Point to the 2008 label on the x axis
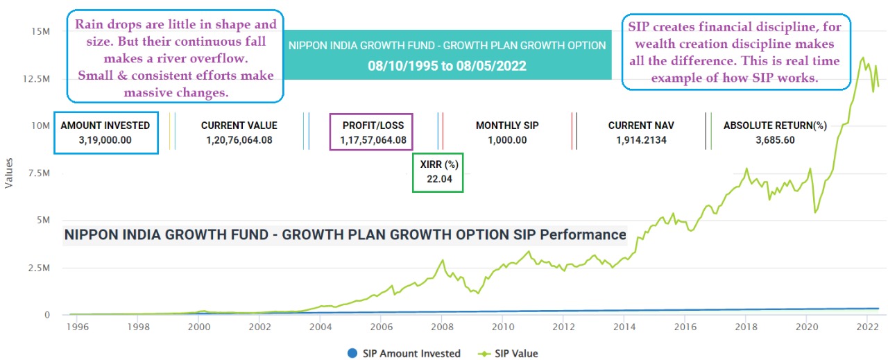point(442,326)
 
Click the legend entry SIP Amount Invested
point(403,353)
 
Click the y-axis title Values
point(9,173)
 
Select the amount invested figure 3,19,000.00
point(105,139)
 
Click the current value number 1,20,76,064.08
point(239,139)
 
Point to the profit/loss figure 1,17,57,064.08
point(373,139)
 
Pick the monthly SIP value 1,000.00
point(507,139)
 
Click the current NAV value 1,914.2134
point(641,139)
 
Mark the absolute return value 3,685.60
point(775,139)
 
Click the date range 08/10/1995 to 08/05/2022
point(447,67)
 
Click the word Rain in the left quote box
point(89,24)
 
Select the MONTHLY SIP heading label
point(507,126)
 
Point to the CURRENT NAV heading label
point(641,126)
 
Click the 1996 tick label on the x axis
point(78,326)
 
